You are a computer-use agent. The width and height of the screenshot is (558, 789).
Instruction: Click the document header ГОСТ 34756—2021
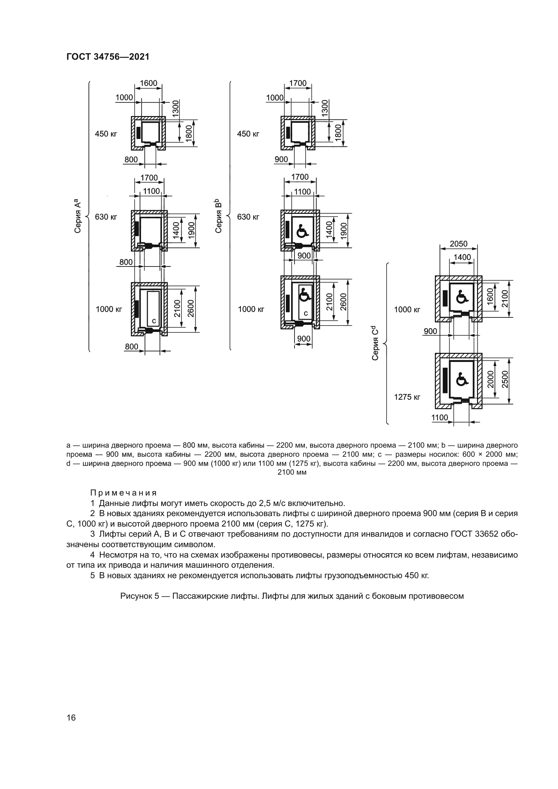tap(108, 57)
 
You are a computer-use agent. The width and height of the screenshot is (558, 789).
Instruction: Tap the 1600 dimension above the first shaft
tap(148, 84)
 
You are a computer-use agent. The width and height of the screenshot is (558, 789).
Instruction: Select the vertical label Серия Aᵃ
tap(78, 216)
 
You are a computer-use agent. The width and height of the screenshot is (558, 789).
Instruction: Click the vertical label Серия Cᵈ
tap(375, 343)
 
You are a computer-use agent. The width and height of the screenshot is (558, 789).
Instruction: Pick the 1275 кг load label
tap(407, 397)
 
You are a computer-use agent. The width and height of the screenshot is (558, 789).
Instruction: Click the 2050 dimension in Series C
tap(458, 244)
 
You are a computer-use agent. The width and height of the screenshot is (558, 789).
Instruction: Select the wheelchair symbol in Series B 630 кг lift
tap(302, 231)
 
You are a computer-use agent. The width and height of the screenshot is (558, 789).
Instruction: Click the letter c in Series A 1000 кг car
tap(154, 320)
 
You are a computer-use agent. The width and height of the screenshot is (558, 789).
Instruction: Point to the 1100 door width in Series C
tap(440, 418)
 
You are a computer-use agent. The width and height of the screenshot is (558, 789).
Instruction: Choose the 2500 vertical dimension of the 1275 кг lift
tap(505, 379)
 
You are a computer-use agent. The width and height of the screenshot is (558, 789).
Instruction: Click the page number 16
tap(71, 718)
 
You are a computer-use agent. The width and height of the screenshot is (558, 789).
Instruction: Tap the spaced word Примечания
tap(123, 493)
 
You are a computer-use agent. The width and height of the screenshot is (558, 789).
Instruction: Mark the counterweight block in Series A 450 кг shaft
tap(138, 132)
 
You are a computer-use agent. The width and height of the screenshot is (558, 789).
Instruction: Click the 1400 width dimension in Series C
tap(462, 257)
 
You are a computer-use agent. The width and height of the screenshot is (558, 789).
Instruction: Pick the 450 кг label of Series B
tap(248, 134)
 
